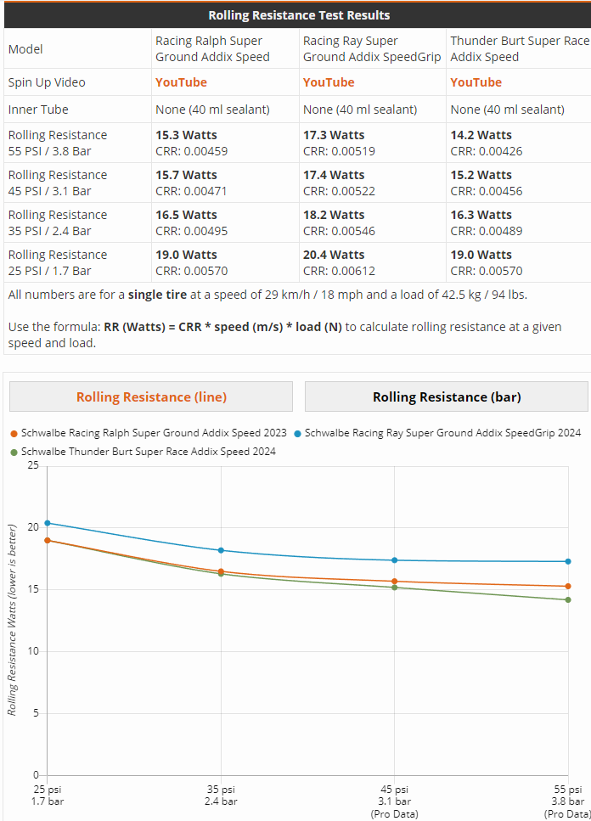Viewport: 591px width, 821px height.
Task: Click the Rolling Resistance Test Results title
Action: tap(299, 14)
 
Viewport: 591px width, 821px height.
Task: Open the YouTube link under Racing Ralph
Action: tap(181, 82)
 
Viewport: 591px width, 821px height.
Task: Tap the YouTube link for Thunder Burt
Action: tap(476, 82)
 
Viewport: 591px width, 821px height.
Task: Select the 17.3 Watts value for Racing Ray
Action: tap(334, 135)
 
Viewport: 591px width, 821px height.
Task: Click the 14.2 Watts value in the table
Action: tap(481, 135)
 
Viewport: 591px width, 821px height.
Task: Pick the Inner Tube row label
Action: tap(38, 110)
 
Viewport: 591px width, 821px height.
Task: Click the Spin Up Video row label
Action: tap(47, 82)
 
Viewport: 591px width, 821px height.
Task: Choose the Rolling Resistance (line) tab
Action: tap(151, 396)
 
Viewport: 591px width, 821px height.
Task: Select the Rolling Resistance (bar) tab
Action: tap(447, 396)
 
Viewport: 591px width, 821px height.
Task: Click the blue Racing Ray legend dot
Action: tap(297, 433)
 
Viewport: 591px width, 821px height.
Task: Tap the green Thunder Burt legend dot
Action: tap(14, 452)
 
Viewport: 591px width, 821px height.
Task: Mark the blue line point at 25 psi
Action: tap(48, 523)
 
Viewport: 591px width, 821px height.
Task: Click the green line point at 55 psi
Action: tap(568, 599)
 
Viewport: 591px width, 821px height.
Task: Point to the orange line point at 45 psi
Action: tap(394, 582)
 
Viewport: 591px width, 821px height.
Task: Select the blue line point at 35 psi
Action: tap(221, 550)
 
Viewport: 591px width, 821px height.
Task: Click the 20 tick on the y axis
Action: tap(33, 527)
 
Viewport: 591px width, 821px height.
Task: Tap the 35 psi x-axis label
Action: tap(221, 795)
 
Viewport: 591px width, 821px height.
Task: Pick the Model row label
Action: tap(25, 49)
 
